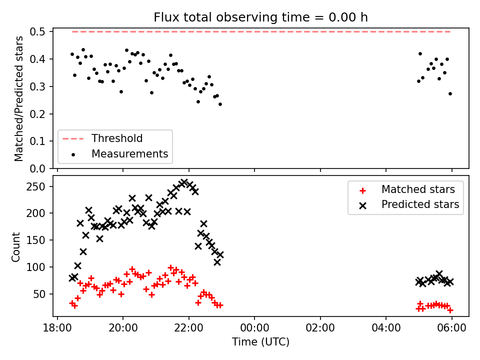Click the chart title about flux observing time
click(x=260, y=17)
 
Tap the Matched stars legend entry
click(x=407, y=189)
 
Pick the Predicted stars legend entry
click(x=409, y=204)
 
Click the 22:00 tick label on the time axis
click(x=188, y=328)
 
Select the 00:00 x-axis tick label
click(x=254, y=328)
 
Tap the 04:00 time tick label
click(x=386, y=328)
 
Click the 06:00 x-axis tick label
click(x=452, y=328)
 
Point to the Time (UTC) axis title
click(x=260, y=341)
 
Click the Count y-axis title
click(x=15, y=246)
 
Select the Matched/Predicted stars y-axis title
click(x=18, y=98)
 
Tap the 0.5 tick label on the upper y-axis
click(x=37, y=31)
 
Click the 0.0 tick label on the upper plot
click(x=37, y=168)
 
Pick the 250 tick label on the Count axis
click(x=35, y=186)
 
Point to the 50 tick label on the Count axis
click(x=39, y=294)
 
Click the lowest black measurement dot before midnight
click(x=220, y=104)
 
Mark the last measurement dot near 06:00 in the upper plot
click(x=450, y=93)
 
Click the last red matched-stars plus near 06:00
click(x=450, y=310)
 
